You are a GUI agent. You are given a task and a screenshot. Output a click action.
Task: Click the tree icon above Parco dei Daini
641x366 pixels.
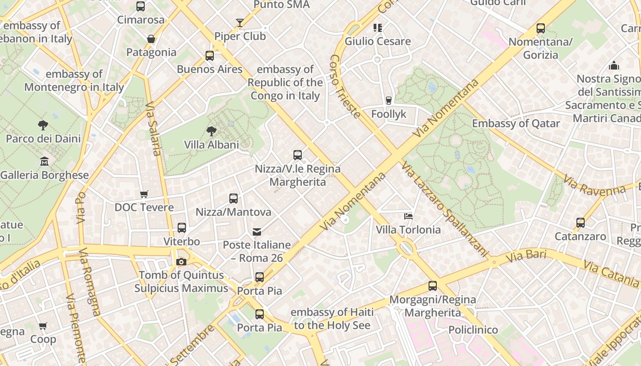43,125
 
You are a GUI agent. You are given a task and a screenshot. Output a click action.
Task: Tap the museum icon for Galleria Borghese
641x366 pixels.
44,161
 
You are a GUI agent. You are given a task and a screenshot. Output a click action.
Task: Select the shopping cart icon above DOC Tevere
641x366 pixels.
144,194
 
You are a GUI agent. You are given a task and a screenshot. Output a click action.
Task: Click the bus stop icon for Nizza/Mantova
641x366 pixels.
234,199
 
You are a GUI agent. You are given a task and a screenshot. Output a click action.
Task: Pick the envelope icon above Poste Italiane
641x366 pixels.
257,232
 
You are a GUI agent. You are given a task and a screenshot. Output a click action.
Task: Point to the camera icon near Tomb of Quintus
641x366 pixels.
181,262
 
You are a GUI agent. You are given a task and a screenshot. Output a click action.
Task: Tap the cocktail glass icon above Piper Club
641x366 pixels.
240,23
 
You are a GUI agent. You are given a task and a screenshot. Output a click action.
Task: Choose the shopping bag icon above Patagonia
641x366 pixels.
151,39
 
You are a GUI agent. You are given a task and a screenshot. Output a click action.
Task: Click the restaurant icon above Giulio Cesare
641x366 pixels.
377,28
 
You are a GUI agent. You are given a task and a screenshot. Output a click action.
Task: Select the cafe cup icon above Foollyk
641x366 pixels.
389,100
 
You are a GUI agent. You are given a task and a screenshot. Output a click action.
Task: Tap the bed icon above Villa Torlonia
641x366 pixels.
408,216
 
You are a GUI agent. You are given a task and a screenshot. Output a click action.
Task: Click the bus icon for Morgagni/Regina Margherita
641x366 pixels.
433,286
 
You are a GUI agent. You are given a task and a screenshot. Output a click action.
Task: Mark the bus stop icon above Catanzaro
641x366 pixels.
581,223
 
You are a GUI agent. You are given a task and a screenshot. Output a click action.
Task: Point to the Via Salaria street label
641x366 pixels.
154,129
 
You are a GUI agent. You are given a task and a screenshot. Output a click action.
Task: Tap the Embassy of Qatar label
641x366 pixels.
516,124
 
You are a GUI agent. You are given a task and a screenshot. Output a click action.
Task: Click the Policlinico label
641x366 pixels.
473,330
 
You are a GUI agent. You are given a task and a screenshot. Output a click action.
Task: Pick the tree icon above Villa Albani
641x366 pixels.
212,131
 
